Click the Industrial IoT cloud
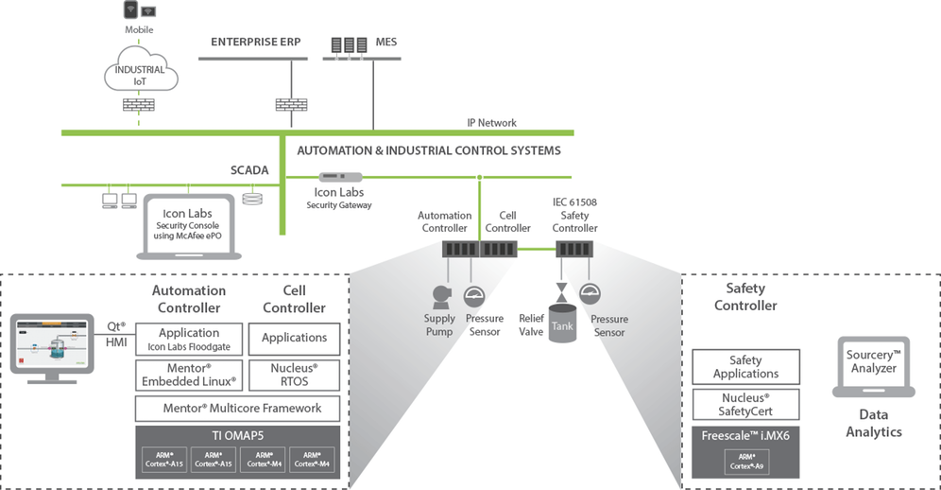[x=139, y=74]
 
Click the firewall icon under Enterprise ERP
[x=284, y=104]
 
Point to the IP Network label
[x=491, y=123]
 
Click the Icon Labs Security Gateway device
[x=341, y=177]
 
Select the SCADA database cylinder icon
[x=250, y=200]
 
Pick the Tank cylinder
[x=562, y=323]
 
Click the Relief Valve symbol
[x=562, y=289]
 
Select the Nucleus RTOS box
[x=294, y=375]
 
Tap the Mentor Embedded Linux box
[x=189, y=375]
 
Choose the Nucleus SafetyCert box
[x=745, y=404]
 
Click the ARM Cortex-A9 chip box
[x=745, y=463]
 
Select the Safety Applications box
[x=745, y=366]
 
